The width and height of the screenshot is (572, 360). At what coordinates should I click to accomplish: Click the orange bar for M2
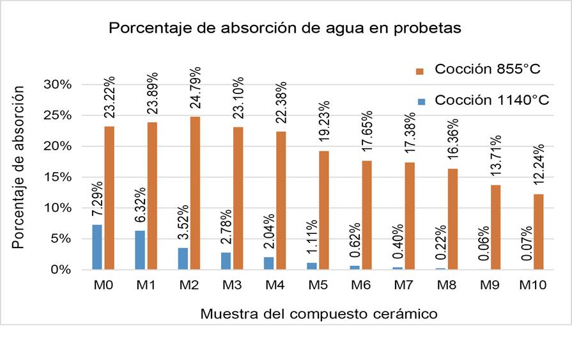tap(196, 192)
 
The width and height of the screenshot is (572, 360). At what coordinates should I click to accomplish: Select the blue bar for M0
tap(97, 247)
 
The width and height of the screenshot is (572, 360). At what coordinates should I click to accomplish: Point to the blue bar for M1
tap(139, 250)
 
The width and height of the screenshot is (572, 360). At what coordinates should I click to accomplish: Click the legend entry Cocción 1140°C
tap(483, 100)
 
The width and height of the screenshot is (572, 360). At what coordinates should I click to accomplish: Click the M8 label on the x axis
tap(446, 286)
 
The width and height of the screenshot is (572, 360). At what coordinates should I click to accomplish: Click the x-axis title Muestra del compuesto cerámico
tap(318, 314)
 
